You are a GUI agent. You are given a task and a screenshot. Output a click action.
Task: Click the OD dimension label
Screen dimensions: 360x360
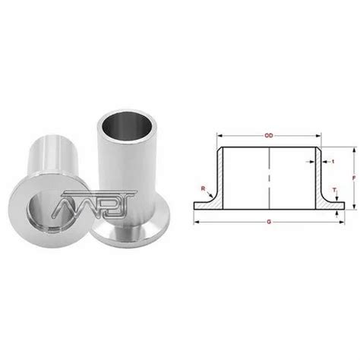coord(269,137)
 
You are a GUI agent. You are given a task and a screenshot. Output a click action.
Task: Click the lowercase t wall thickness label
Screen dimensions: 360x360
coord(332,161)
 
